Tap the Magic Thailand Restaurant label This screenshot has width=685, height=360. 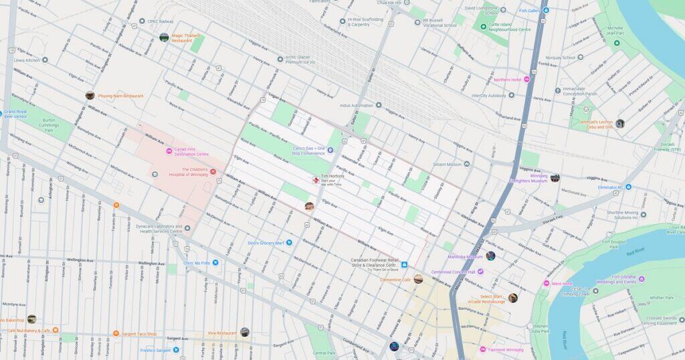[x=186, y=37]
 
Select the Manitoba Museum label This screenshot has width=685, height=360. [x=466, y=257]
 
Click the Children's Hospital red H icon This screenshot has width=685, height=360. [x=213, y=172]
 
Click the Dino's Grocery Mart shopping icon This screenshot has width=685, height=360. [x=290, y=243]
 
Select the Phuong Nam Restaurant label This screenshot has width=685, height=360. [x=120, y=96]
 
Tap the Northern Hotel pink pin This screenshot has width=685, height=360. [x=526, y=80]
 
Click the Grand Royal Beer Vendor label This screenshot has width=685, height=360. [x=15, y=114]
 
